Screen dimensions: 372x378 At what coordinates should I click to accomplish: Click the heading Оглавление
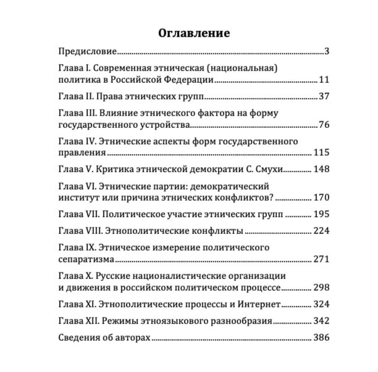[194, 33]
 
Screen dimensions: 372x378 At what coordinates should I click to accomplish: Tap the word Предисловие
[88, 51]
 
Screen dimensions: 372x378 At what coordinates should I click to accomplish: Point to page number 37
[324, 96]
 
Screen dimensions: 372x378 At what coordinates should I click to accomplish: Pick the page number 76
[324, 125]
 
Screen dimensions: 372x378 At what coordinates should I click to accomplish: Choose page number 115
[322, 153]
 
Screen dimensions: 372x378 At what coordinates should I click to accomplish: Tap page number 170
[322, 198]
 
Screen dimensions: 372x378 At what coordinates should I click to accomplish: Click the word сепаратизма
[86, 259]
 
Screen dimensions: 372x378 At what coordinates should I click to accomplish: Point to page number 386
[322, 338]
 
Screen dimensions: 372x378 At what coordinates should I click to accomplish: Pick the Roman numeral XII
[91, 321]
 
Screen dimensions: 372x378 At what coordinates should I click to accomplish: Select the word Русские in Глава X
[112, 276]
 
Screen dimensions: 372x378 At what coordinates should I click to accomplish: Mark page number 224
[322, 231]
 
